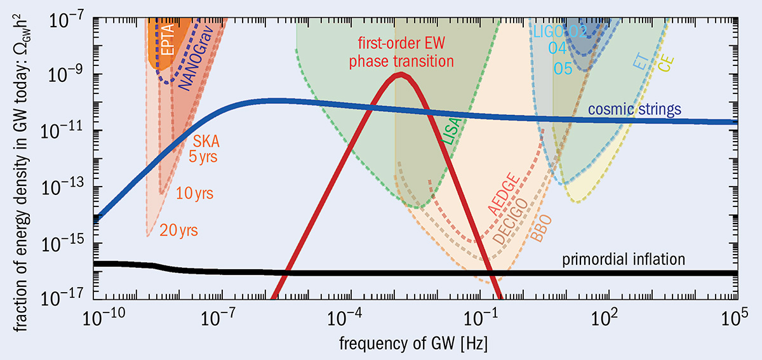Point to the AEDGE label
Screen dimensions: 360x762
pyautogui.click(x=505, y=190)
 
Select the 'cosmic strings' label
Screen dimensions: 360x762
pyautogui.click(x=634, y=109)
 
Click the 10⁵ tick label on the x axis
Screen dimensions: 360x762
pyautogui.click(x=739, y=316)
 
